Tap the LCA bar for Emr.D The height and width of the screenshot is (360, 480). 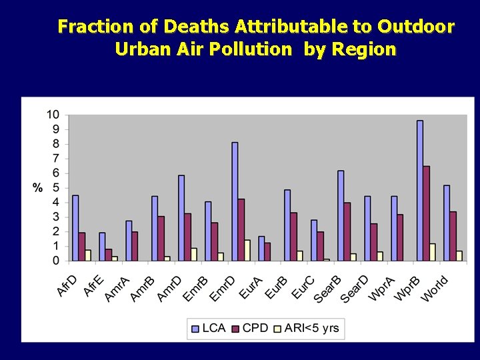pyautogui.click(x=235, y=201)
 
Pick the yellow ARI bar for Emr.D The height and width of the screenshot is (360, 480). pyautogui.click(x=247, y=250)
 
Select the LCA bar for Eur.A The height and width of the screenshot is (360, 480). pyautogui.click(x=261, y=248)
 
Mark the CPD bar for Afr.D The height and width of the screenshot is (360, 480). pyautogui.click(x=82, y=247)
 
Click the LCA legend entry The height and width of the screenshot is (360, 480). pyautogui.click(x=208, y=328)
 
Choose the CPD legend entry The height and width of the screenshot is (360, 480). pyautogui.click(x=249, y=328)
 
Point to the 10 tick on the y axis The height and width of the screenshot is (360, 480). pyautogui.click(x=52, y=115)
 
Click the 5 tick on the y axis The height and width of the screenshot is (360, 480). pyautogui.click(x=55, y=187)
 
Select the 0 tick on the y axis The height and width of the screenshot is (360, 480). pyautogui.click(x=55, y=261)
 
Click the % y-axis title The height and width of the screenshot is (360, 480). pyautogui.click(x=37, y=188)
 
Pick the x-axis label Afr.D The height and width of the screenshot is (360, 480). pyautogui.click(x=67, y=287)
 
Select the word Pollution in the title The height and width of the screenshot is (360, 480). pyautogui.click(x=251, y=49)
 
